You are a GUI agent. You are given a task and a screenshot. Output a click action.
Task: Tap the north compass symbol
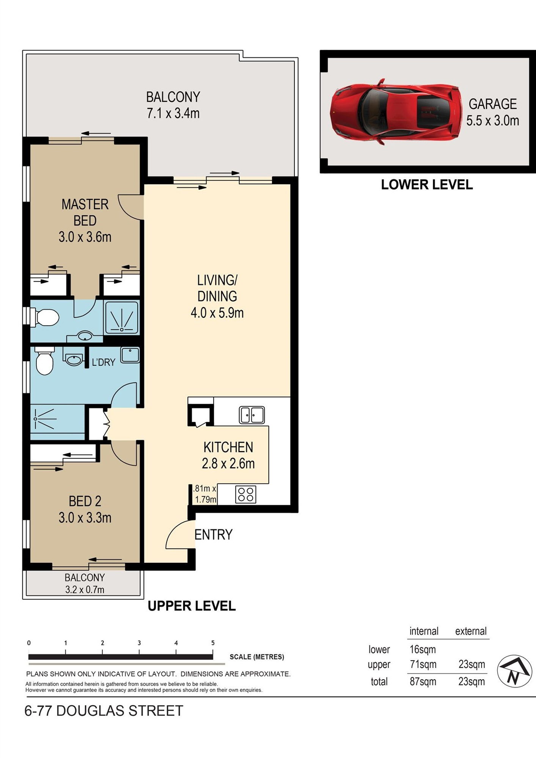pos(514,671)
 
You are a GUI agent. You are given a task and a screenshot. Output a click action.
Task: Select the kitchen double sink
pos(251,415)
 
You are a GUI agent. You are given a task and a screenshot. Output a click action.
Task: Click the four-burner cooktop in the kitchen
pos(245,494)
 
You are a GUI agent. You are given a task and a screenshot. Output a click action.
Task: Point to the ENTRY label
pos(213,534)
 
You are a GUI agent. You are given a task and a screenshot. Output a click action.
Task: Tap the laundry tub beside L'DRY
pos(130,355)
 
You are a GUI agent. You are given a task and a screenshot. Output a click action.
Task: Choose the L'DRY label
pos(103,362)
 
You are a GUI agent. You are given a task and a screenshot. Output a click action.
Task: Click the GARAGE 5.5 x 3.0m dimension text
pos(492,121)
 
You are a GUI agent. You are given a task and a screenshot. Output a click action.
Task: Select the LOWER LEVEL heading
pos(427,185)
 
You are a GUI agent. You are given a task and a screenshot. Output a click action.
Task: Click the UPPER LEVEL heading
pos(192,606)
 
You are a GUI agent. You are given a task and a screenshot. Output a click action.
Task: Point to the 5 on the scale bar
pos(213,643)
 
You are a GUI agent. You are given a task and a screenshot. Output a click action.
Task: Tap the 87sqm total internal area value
pos(423,681)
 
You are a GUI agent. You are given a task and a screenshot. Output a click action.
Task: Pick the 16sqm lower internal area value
pos(423,649)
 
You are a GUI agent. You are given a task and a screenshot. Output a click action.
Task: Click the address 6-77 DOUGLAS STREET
pos(104,711)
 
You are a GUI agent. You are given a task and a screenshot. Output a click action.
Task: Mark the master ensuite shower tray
pos(122,318)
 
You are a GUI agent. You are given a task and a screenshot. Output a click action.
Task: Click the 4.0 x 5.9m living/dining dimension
pos(217,313)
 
